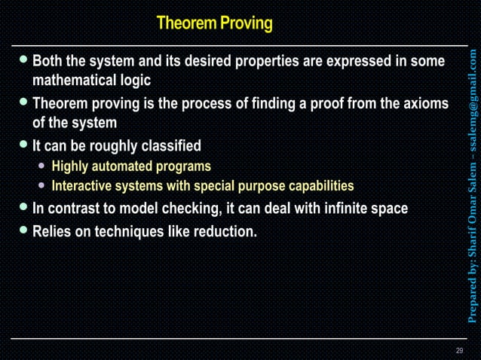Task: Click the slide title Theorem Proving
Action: pos(214,23)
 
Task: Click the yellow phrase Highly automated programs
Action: pos(131,166)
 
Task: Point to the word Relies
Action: pos(52,231)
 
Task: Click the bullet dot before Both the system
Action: pos(24,59)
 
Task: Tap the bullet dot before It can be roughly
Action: pos(24,145)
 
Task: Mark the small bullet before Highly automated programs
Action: pos(43,166)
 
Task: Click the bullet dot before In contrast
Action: pos(24,207)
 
